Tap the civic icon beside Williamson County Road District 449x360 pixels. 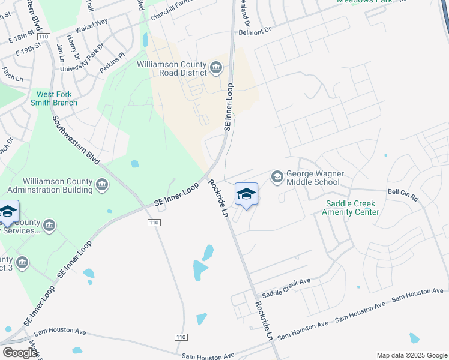[x=216, y=68]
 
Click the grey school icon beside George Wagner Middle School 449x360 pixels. [x=277, y=176]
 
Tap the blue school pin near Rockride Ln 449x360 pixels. [x=246, y=194]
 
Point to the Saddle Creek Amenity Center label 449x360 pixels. [x=351, y=208]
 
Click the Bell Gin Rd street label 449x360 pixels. [x=402, y=193]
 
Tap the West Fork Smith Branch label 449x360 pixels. [x=57, y=98]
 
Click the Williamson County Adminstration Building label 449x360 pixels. [x=58, y=185]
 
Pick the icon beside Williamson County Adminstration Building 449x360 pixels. [x=102, y=185]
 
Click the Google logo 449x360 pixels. [x=20, y=353]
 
